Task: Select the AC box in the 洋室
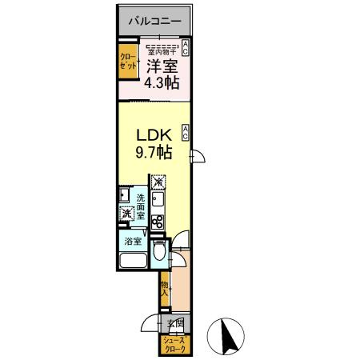point(186,47)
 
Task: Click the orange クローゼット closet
point(128,63)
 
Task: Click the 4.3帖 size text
point(162,83)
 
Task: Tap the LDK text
point(150,134)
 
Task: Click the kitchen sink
point(158,200)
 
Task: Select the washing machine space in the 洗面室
point(126,214)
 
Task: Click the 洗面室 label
point(140,206)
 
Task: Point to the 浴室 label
point(132,241)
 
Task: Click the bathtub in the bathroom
point(132,262)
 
